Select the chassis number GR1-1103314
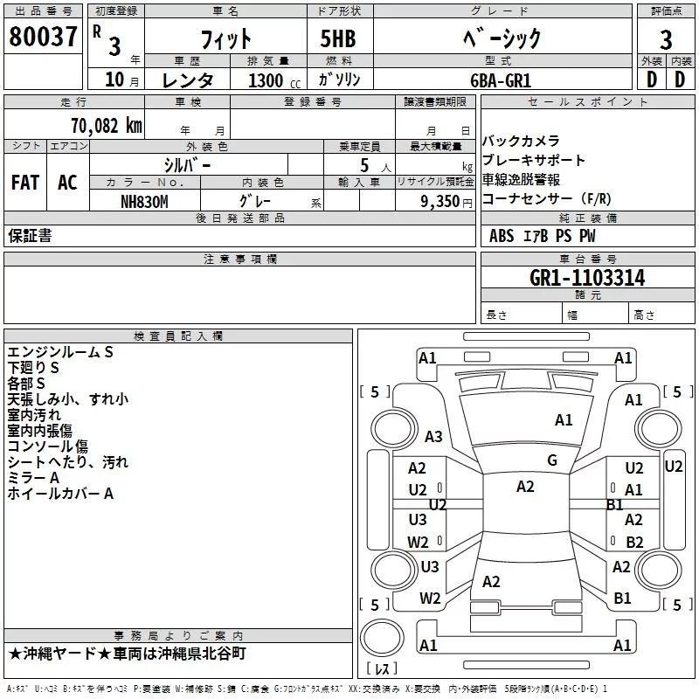[587, 279]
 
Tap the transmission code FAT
[24, 183]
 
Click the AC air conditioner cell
[67, 183]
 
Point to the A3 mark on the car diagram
[433, 437]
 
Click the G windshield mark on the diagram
[552, 460]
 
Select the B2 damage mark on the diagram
[634, 542]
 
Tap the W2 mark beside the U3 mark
[418, 542]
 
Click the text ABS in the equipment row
[502, 236]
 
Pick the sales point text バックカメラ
[521, 142]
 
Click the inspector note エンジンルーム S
[60, 352]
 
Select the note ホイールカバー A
[60, 494]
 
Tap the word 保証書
[30, 236]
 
